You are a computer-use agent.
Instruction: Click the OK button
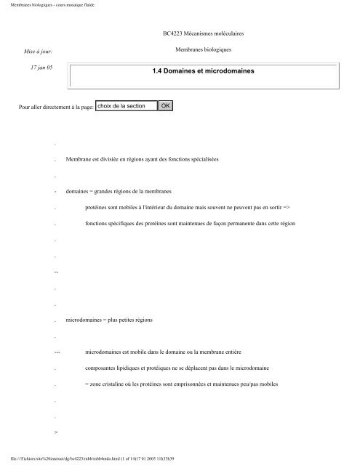(166, 105)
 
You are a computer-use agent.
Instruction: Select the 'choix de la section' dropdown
(126, 105)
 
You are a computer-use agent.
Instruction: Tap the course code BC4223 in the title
(173, 33)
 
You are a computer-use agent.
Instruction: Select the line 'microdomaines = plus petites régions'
(109, 319)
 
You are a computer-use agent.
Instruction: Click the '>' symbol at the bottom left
(56, 432)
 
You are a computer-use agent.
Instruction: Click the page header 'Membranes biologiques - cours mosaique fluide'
(47, 4)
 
